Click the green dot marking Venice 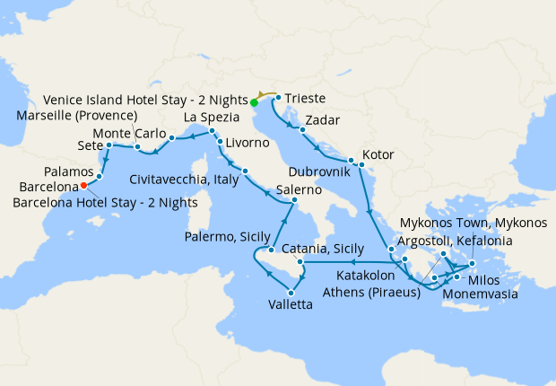(x=255, y=102)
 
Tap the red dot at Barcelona (x=83, y=186)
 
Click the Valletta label (x=291, y=305)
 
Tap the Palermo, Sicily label (x=228, y=236)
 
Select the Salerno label (x=298, y=189)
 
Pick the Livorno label (x=247, y=143)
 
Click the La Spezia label (x=212, y=118)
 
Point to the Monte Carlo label (x=127, y=134)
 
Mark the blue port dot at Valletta (x=291, y=293)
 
